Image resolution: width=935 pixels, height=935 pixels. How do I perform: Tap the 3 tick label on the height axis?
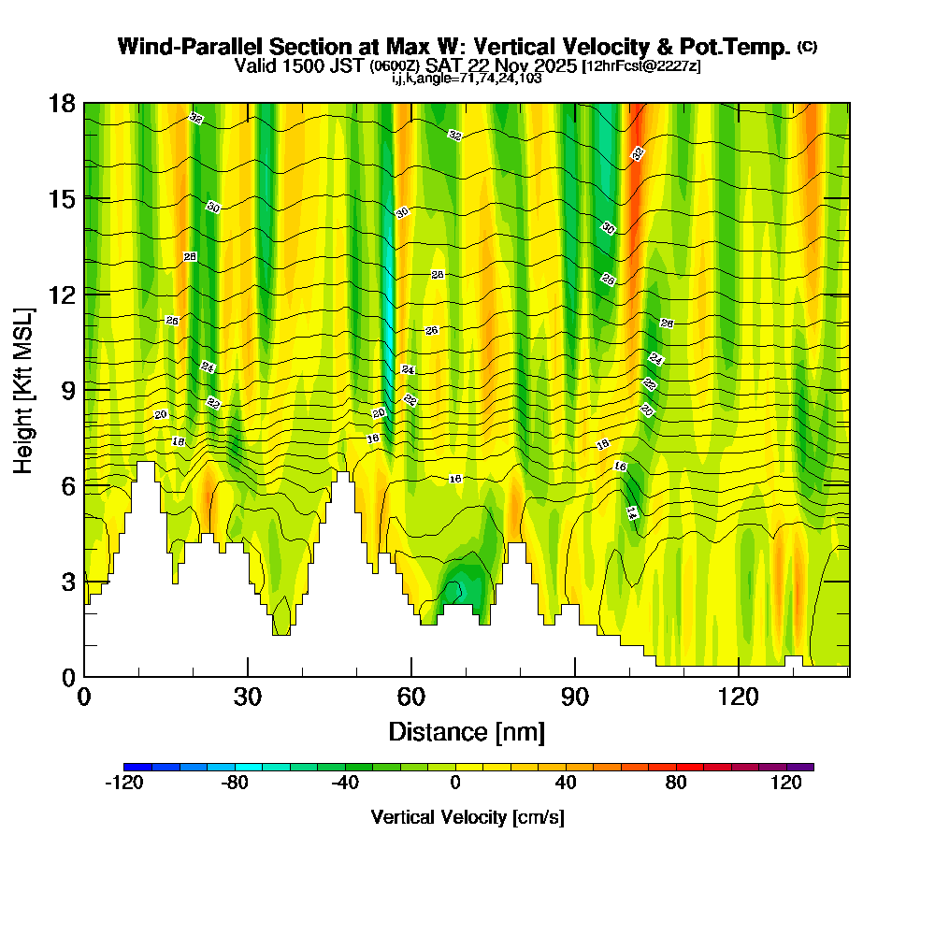[x=67, y=582]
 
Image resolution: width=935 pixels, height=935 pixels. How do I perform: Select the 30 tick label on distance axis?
[x=248, y=698]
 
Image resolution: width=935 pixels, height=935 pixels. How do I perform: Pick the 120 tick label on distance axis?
[x=739, y=698]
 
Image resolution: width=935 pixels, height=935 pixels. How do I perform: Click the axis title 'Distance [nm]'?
[x=467, y=730]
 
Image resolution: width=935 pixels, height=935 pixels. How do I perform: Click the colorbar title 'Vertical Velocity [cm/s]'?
[x=467, y=817]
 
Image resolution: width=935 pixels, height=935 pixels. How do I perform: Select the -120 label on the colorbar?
[x=124, y=784]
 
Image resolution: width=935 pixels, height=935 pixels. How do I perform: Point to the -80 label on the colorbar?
[x=235, y=784]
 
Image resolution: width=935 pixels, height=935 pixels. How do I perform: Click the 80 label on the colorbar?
[x=677, y=784]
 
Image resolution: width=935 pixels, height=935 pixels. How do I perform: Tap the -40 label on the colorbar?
[x=345, y=784]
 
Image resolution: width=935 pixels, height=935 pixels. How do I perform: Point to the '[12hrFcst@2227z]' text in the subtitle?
[x=640, y=65]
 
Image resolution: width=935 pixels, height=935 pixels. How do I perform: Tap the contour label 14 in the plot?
[x=631, y=512]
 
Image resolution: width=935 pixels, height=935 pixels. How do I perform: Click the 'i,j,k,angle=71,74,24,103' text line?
[x=467, y=78]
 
